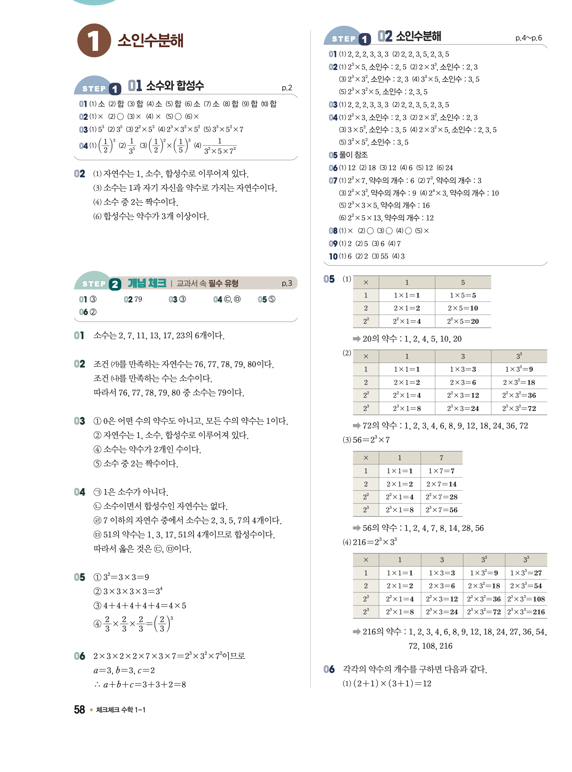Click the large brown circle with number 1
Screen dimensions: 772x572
(x=94, y=41)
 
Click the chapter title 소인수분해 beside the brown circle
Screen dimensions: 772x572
(x=150, y=41)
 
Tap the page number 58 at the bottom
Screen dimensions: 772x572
(x=79, y=709)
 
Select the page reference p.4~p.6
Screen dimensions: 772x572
(x=528, y=38)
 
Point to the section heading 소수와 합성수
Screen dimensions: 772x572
(x=175, y=86)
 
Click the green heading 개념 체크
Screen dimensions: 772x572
(x=147, y=283)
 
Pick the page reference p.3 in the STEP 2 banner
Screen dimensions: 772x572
(x=287, y=283)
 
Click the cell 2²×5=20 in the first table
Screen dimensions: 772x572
(x=463, y=321)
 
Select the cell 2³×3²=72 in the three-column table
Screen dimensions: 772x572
(x=519, y=408)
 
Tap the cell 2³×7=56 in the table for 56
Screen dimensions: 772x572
(x=441, y=509)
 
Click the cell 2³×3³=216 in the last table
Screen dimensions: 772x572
(x=526, y=612)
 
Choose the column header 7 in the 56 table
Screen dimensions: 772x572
(x=441, y=458)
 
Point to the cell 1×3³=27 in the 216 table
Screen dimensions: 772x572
(x=526, y=573)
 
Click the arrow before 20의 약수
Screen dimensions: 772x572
(x=356, y=338)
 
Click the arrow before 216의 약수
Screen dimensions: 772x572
(x=356, y=632)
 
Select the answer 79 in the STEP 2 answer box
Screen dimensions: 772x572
(x=138, y=299)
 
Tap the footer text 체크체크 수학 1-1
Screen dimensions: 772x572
(x=121, y=710)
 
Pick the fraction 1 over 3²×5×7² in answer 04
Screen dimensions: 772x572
(x=220, y=146)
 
